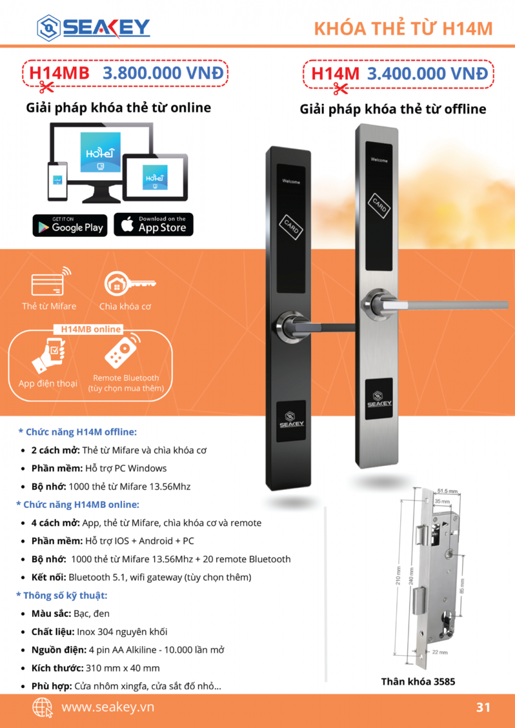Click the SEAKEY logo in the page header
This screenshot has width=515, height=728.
tap(94, 28)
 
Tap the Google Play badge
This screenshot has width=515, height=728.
tap(70, 225)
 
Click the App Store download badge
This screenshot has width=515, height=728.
tap(154, 224)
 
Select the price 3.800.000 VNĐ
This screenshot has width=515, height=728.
tap(163, 73)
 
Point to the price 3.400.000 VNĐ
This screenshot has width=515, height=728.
tap(428, 73)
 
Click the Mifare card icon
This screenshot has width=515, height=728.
tap(51, 281)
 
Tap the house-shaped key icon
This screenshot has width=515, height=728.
tap(130, 284)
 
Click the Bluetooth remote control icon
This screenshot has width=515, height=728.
tap(123, 351)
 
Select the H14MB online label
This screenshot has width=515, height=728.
tap(90, 329)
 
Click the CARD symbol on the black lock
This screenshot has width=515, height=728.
tap(291, 227)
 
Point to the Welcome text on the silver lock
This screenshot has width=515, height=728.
tap(379, 160)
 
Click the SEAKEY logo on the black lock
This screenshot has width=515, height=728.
tap(291, 420)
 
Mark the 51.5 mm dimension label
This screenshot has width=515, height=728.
tap(448, 491)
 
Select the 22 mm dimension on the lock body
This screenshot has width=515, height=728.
tap(440, 652)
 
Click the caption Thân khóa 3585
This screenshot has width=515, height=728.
tap(418, 681)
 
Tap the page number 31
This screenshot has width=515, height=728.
tap(483, 707)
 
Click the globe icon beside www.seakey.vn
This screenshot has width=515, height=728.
tap(43, 707)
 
